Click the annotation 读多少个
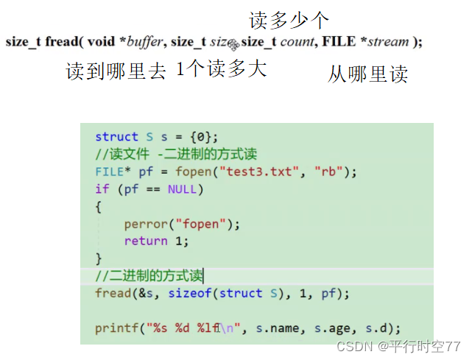[289, 20]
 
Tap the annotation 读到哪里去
[116, 71]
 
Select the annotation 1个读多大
[221, 70]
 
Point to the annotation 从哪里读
[367, 74]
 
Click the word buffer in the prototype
[144, 42]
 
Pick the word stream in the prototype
[388, 42]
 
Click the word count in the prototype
[297, 42]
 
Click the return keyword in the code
[146, 241]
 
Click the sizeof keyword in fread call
[189, 293]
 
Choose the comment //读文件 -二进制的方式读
[176, 154]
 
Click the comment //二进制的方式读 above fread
[149, 275]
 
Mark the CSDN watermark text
[398, 346]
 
